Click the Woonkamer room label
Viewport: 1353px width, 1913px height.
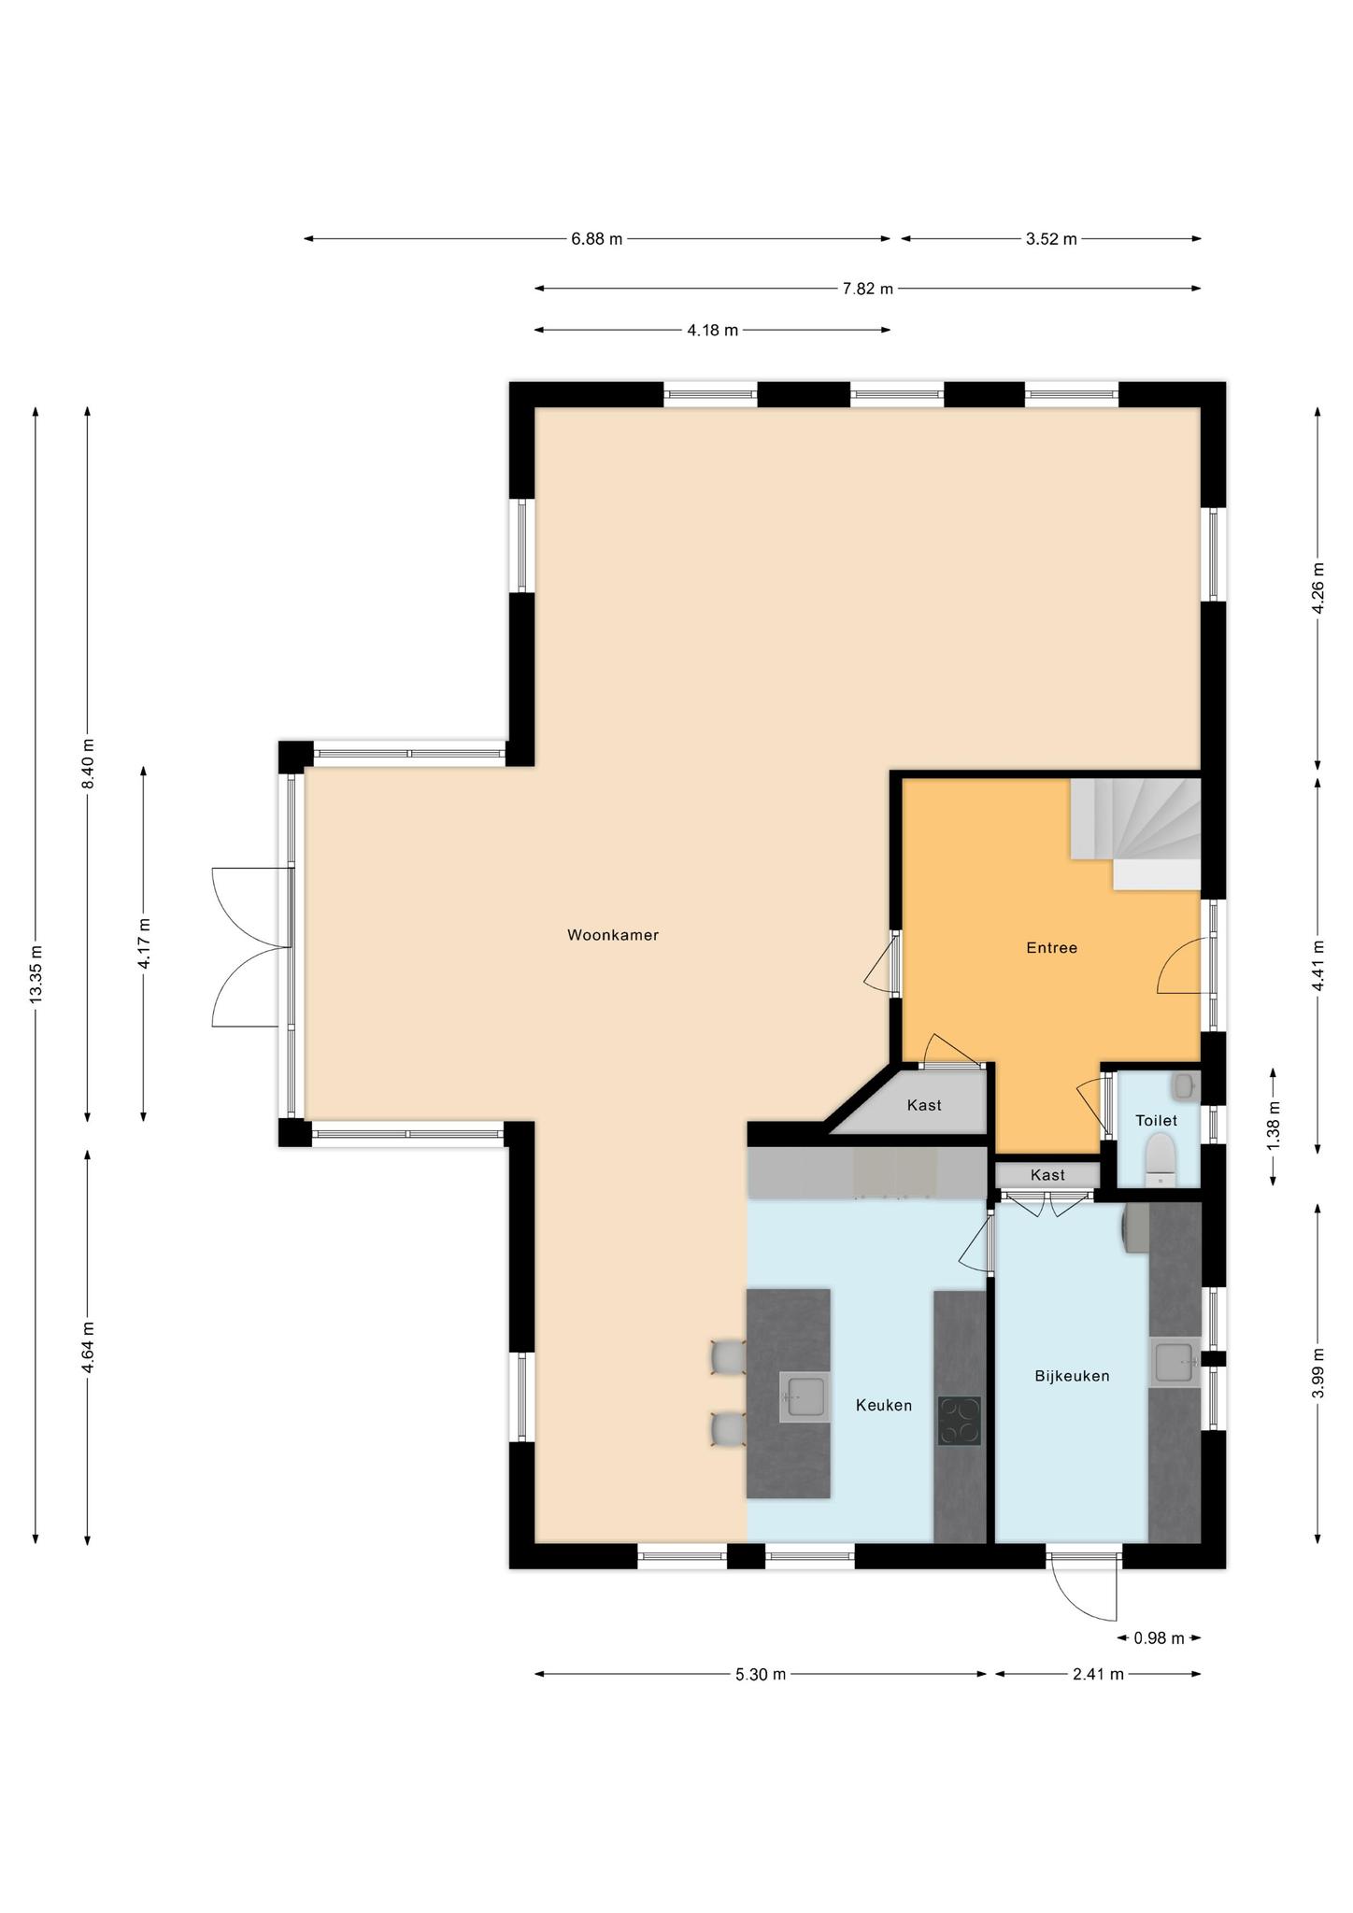(x=613, y=935)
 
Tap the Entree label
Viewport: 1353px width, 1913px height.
(x=1051, y=948)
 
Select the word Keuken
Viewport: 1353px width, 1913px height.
(x=884, y=1405)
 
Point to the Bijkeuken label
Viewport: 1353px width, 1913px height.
(x=1072, y=1376)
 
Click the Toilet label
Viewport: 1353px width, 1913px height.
(x=1156, y=1121)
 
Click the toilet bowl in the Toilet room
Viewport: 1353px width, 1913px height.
(x=1160, y=1158)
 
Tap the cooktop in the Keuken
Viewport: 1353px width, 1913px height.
(x=960, y=1421)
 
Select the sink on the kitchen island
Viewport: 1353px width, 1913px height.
(x=805, y=1398)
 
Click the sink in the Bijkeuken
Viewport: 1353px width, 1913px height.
(x=1175, y=1363)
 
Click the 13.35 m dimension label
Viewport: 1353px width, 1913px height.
(x=36, y=975)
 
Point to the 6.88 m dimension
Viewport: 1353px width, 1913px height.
(x=596, y=239)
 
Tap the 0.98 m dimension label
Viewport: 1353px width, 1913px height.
(x=1159, y=1638)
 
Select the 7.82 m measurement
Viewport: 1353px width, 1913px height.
(x=867, y=289)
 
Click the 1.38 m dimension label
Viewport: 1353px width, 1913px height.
(x=1274, y=1127)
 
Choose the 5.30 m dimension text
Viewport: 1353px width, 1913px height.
(x=761, y=1675)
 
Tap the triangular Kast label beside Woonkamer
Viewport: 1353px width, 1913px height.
(x=924, y=1106)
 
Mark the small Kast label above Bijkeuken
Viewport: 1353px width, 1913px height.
(x=1047, y=1175)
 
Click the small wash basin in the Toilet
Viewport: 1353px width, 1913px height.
(x=1184, y=1085)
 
